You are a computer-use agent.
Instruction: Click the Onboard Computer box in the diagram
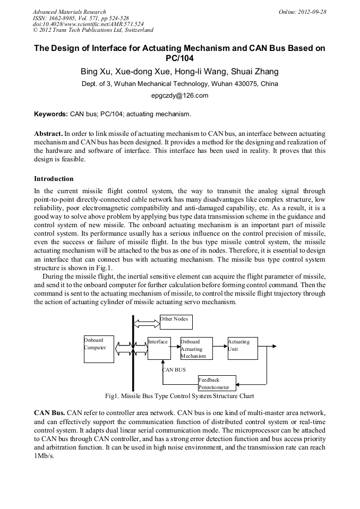click(x=99, y=349)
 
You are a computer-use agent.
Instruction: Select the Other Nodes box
click(x=176, y=322)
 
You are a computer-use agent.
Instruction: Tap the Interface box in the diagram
click(x=159, y=348)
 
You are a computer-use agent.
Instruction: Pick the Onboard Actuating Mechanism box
click(x=196, y=349)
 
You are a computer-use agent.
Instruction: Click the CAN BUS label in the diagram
click(x=174, y=369)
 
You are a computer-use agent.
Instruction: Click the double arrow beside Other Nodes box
click(x=147, y=322)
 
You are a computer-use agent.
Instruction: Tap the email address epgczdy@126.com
click(x=180, y=96)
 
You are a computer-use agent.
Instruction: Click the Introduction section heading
click(x=54, y=178)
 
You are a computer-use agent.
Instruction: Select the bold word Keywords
click(x=51, y=114)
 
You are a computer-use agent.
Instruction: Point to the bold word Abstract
click(x=48, y=133)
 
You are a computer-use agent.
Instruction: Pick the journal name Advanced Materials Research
click(x=69, y=12)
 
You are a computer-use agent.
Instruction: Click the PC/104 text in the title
click(x=180, y=58)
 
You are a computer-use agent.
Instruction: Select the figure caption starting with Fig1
click(x=179, y=396)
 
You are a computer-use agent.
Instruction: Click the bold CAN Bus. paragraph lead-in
click(x=49, y=412)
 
